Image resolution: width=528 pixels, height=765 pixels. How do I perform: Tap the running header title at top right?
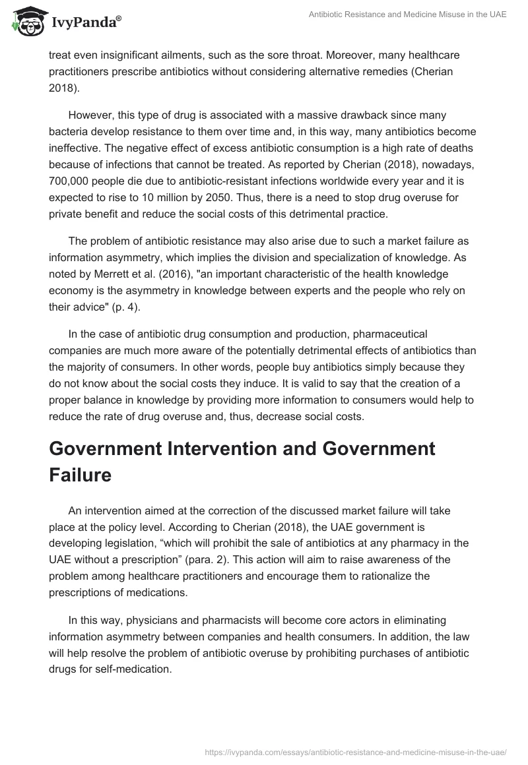tap(407, 15)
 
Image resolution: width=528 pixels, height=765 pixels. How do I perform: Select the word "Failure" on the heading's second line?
tap(81, 475)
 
